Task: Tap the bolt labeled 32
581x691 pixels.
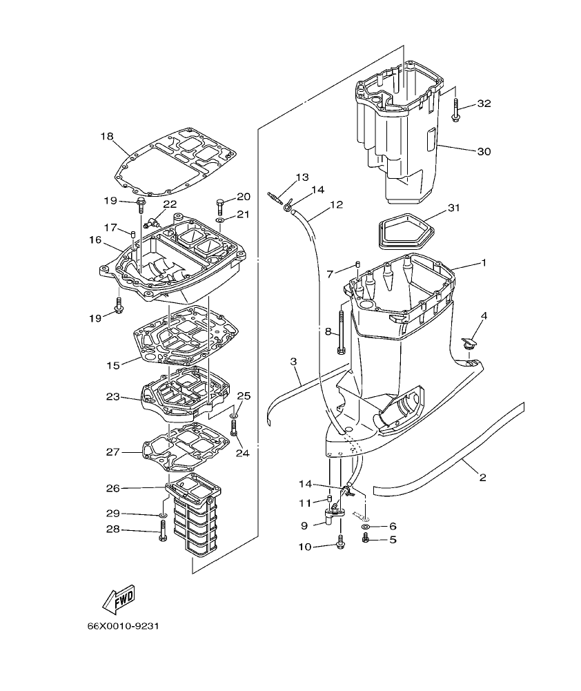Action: [456, 110]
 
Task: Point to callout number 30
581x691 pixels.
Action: [484, 151]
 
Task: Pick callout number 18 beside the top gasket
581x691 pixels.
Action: [106, 137]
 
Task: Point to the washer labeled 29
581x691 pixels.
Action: [161, 515]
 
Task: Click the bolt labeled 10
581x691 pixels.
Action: [340, 545]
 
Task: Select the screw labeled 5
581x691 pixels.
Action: [366, 538]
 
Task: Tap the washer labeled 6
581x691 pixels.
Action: [365, 527]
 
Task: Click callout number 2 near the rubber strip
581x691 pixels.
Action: [482, 478]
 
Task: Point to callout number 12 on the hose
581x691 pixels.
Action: [336, 205]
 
